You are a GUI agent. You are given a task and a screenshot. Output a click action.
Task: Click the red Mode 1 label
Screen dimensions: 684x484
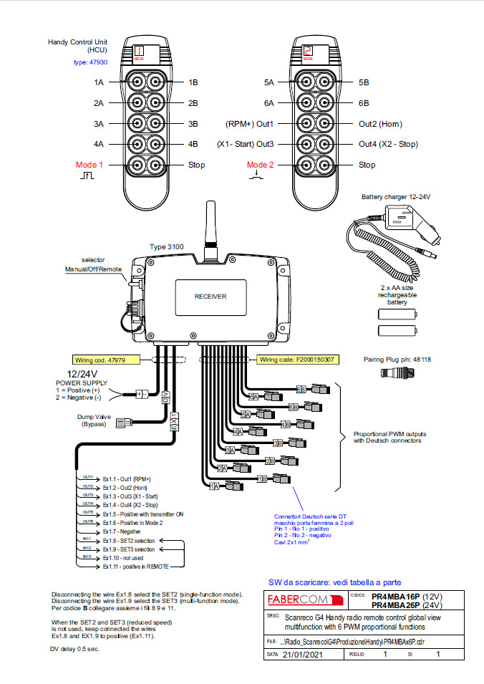(89, 165)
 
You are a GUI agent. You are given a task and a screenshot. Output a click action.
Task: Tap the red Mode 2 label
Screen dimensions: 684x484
(261, 165)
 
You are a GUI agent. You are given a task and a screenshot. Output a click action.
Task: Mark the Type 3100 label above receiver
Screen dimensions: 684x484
(166, 246)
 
